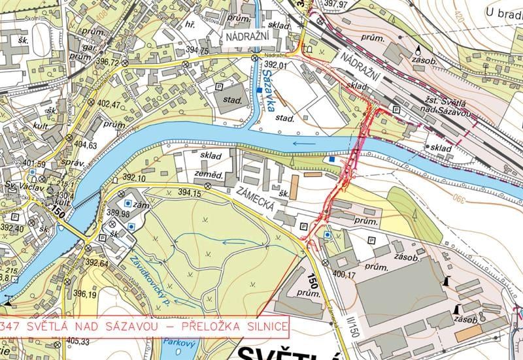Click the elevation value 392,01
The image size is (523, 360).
pos(277,65)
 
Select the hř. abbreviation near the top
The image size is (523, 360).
pos(192,23)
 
